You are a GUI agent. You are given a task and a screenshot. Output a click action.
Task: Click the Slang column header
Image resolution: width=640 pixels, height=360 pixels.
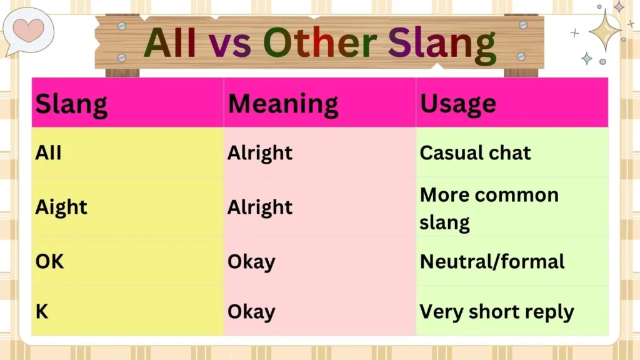71,104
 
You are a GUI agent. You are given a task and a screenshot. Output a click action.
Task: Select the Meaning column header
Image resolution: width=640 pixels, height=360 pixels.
283,104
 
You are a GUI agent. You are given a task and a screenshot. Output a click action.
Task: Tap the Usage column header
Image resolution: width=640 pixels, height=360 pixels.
458,104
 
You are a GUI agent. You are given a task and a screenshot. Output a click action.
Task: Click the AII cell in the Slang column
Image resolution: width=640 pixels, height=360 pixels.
49,152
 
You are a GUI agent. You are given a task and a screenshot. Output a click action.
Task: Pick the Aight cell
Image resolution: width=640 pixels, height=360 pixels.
61,207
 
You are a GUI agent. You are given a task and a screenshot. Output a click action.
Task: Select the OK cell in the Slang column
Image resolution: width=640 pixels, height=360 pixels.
50,261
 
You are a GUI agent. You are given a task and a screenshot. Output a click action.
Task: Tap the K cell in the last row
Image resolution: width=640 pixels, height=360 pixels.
42,311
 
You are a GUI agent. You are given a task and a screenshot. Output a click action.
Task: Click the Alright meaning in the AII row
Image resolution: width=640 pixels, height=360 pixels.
260,152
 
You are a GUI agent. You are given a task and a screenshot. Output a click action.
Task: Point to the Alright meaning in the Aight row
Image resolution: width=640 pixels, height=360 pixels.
260,207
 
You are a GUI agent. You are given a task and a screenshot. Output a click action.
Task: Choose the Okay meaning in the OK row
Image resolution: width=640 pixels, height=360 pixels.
251,261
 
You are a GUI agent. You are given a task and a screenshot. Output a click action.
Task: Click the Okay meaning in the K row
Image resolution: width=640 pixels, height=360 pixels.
251,311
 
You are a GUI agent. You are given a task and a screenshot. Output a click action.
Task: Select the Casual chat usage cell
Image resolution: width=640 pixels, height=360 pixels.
475,152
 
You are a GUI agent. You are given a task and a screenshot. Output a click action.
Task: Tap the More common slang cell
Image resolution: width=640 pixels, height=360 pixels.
489,207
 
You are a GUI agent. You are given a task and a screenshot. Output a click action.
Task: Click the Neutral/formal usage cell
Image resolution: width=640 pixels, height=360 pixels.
492,261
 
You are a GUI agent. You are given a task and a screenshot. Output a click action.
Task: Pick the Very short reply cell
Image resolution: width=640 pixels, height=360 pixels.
496,311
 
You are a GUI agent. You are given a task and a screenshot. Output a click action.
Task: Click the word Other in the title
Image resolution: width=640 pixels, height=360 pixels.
319,42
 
